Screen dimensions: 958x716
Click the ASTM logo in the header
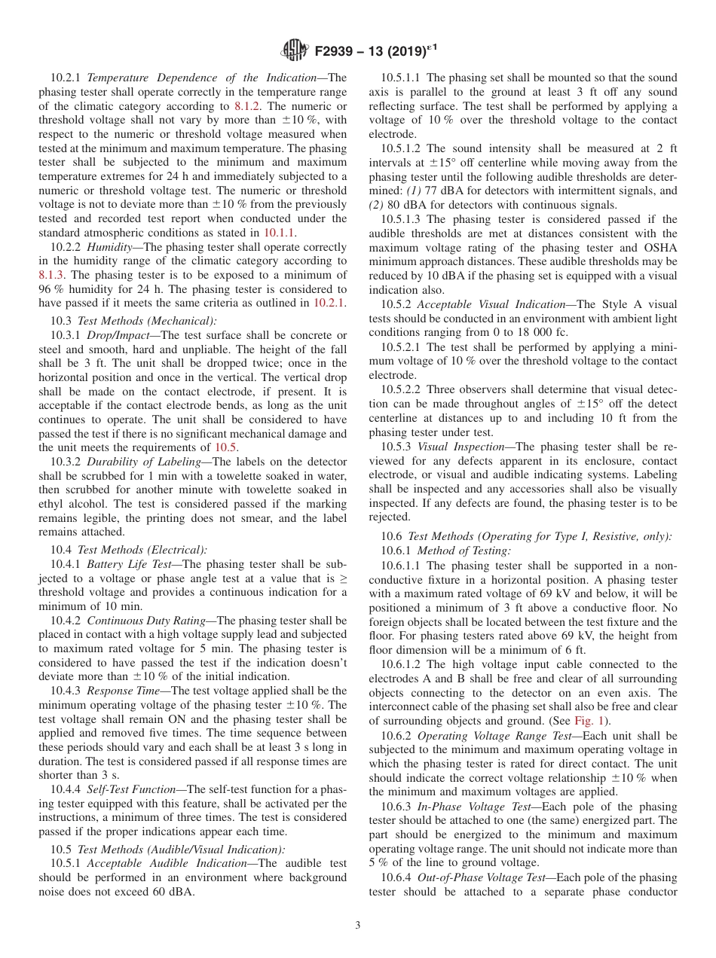click(x=294, y=51)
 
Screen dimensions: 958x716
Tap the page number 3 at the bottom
click(x=358, y=925)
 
